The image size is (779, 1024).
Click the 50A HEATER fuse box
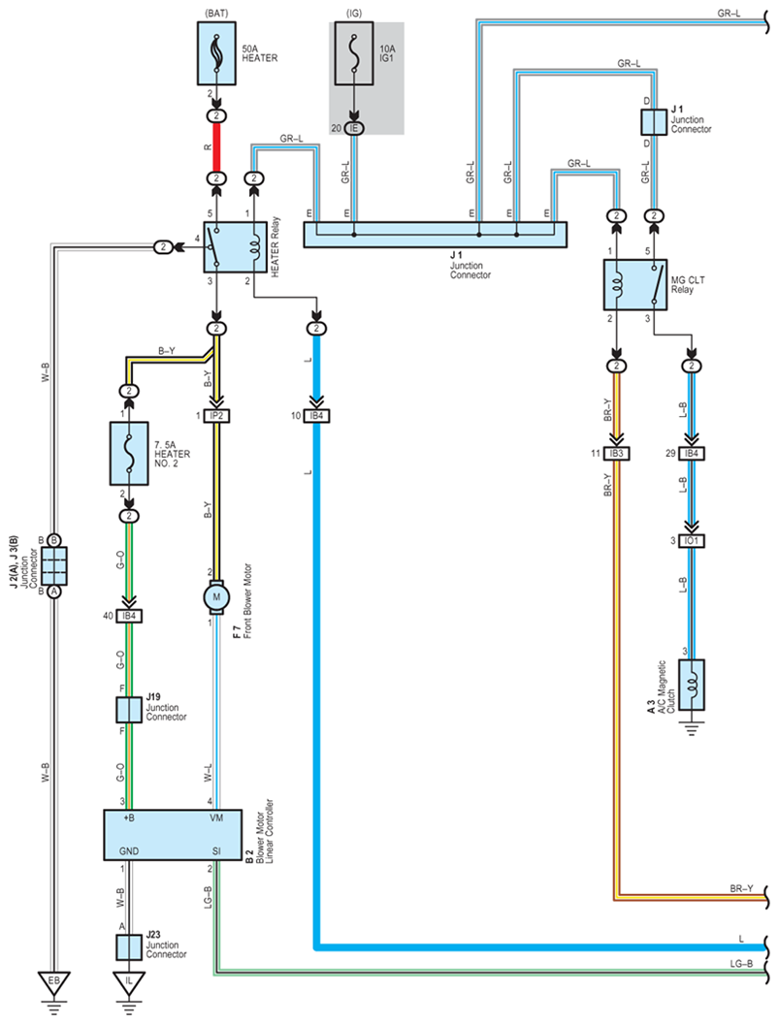click(x=216, y=53)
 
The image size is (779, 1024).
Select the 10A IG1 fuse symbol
click(x=354, y=53)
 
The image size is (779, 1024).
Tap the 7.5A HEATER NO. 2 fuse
click(x=129, y=453)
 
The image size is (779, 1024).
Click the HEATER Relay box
click(x=236, y=247)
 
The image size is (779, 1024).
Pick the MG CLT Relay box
click(x=635, y=285)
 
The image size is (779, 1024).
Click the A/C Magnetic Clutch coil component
click(x=692, y=685)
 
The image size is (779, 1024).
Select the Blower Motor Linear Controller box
click(x=173, y=835)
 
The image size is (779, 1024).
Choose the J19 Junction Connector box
click(x=129, y=710)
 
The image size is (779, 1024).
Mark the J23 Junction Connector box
click(x=129, y=947)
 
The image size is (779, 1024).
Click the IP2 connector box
click(x=217, y=415)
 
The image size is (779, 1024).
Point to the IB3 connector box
click(x=617, y=453)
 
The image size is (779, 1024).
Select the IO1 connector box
click(x=692, y=541)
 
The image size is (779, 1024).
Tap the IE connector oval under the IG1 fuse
click(x=354, y=128)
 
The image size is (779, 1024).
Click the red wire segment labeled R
click(x=216, y=147)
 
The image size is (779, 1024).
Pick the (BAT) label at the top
click(x=216, y=13)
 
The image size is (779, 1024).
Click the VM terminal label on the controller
click(x=216, y=817)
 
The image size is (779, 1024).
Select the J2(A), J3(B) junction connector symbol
click(x=54, y=565)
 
